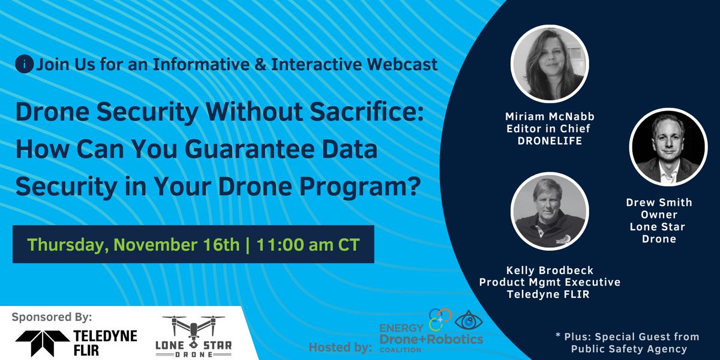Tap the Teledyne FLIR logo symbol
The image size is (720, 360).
pos(37,342)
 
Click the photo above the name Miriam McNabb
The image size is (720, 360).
pos(548,65)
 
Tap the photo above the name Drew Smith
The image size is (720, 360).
pos(667,146)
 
